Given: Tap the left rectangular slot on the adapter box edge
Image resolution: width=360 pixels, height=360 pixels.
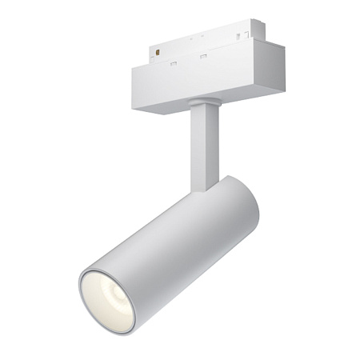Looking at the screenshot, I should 174,62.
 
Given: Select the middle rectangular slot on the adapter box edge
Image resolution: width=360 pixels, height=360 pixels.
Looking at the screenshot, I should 203,56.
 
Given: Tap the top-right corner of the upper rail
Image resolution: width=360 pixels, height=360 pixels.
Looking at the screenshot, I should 264,22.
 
